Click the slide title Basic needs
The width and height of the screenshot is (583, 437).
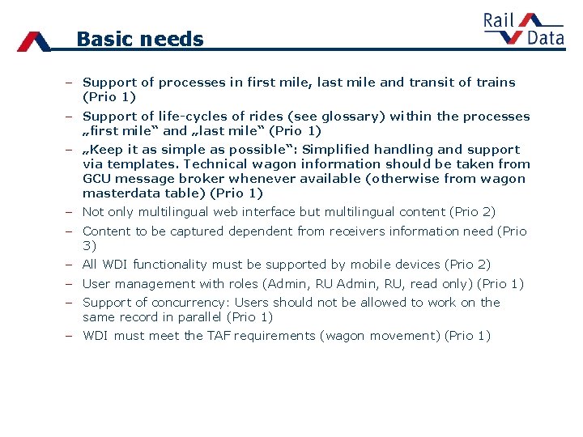point(139,39)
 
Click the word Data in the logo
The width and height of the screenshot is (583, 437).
point(545,37)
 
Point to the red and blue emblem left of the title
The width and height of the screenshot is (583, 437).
point(34,40)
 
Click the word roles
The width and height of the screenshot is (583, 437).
point(241,284)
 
